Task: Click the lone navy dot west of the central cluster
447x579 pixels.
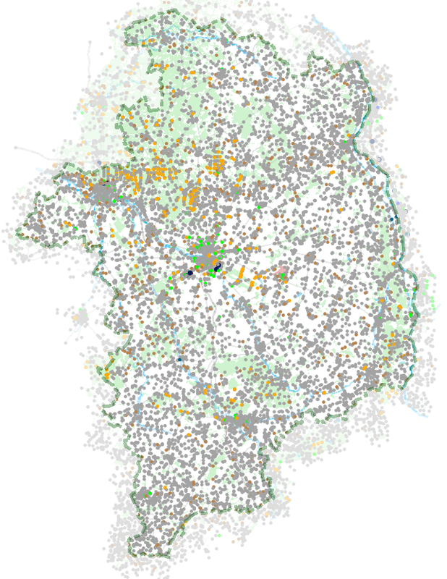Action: point(190,272)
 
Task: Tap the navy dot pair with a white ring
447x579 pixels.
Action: point(217,268)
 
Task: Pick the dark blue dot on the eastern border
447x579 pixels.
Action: point(391,219)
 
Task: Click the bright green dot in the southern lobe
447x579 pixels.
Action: point(150,494)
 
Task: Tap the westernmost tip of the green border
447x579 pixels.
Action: point(17,234)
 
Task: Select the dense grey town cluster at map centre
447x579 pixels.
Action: point(210,257)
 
